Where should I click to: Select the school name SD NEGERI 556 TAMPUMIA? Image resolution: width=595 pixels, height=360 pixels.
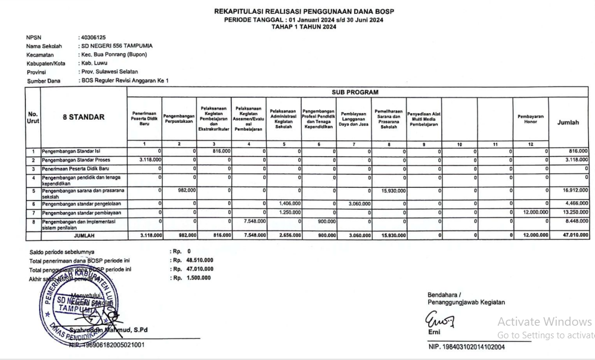coord(116,46)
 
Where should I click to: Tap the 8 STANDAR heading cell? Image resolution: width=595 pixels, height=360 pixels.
coord(84,117)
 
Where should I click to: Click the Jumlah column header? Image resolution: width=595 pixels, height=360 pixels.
coord(568,122)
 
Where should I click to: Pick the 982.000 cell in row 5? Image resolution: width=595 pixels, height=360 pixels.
coord(185,190)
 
